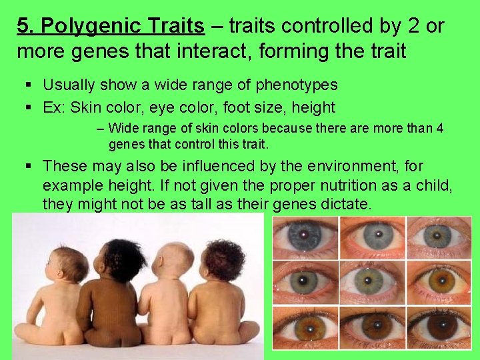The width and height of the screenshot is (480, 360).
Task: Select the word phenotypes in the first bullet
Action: coord(295,85)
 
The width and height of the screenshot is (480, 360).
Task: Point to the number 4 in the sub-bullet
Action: coord(439,129)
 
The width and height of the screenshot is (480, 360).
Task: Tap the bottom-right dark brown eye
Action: coord(440,327)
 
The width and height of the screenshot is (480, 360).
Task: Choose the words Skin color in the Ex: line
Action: coord(99,107)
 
